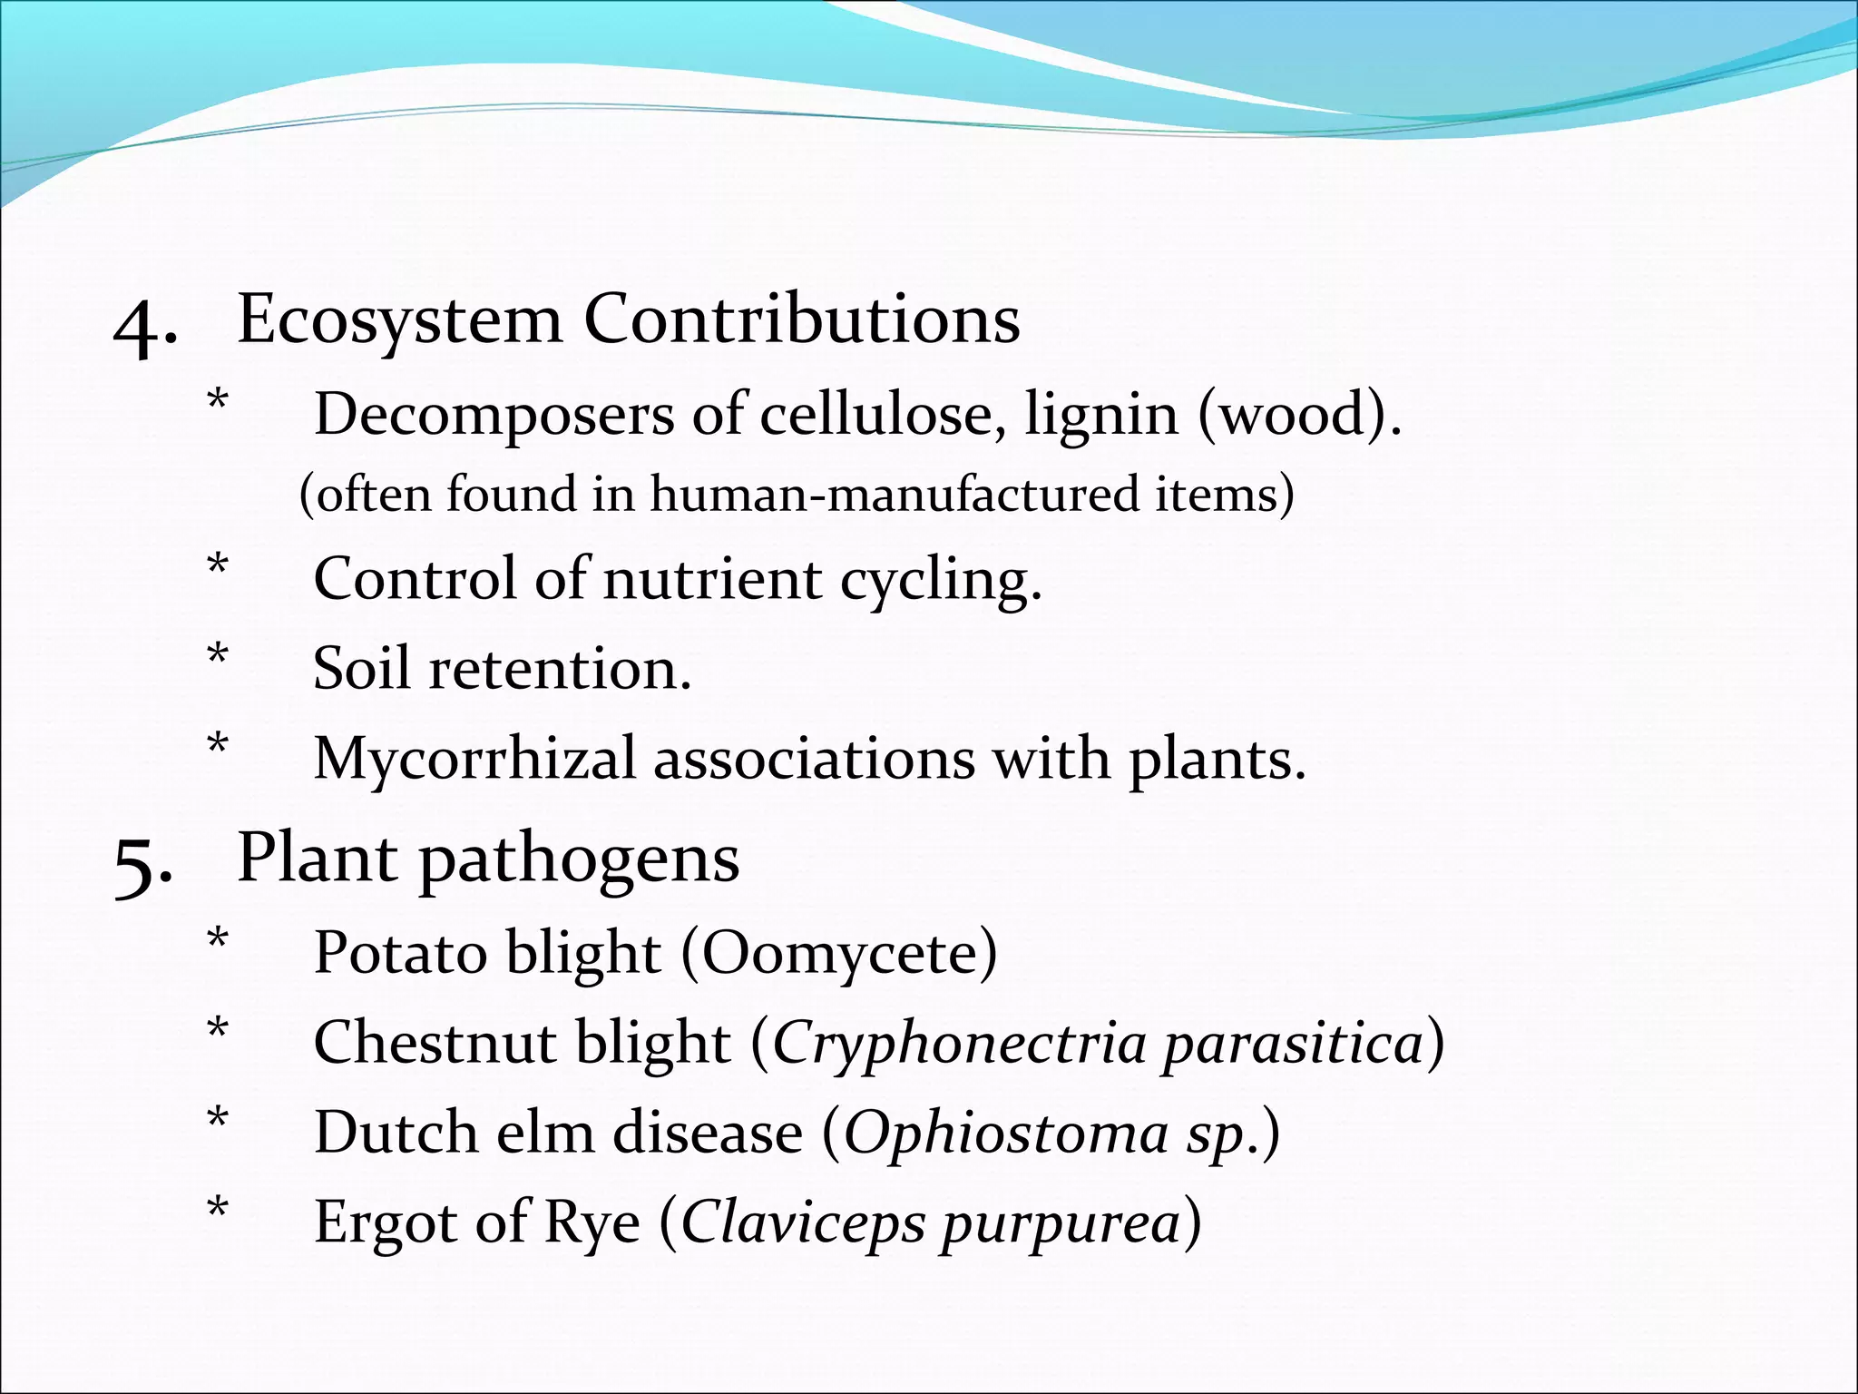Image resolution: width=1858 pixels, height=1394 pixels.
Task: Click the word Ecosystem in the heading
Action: [399, 321]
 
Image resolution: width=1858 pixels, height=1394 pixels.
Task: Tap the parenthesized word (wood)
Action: [1299, 416]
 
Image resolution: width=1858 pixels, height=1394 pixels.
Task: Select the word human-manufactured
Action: [894, 495]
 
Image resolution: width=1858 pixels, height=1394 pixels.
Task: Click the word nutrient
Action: [712, 580]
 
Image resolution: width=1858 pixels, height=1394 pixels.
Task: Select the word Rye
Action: [592, 1223]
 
